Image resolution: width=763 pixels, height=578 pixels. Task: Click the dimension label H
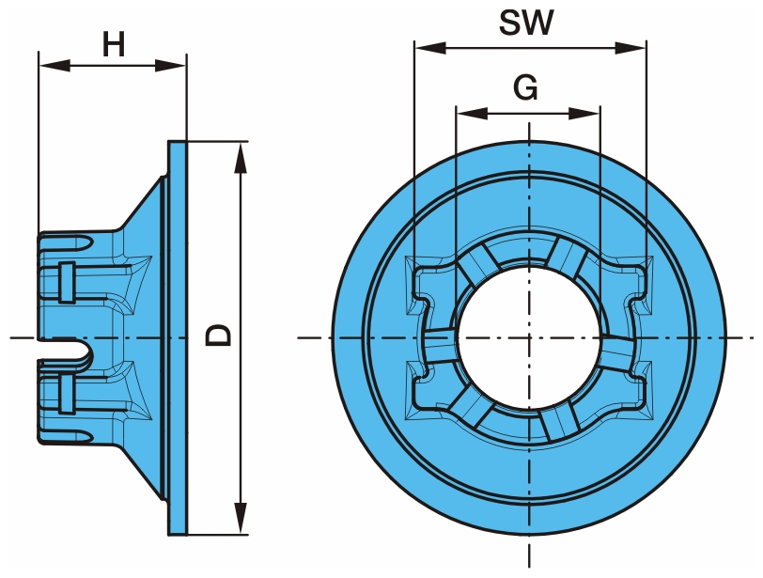(x=114, y=44)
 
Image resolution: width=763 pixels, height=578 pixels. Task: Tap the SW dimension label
(x=526, y=23)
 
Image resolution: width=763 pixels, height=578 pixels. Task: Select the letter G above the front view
(x=526, y=87)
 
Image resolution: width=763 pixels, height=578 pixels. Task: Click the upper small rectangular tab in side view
(x=66, y=283)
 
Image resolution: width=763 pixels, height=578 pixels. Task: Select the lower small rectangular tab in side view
(x=66, y=394)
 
